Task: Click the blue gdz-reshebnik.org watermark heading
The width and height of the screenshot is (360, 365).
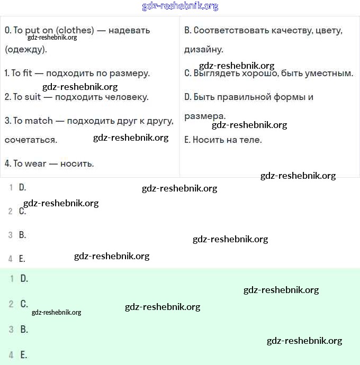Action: [180, 6]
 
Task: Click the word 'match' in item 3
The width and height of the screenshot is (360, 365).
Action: [39, 121]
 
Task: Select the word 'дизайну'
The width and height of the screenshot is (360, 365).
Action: [203, 50]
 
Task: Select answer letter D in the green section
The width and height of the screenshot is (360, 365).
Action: [24, 278]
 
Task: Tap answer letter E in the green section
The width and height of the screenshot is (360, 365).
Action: [23, 355]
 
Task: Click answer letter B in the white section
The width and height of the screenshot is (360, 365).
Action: [22, 235]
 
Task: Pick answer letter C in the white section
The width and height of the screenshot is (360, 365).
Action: [22, 211]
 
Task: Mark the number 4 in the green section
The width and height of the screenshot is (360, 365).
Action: [11, 355]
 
